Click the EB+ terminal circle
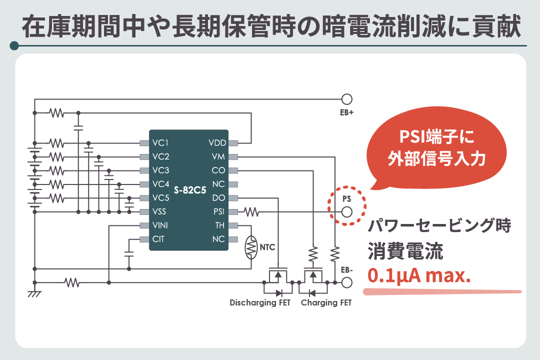[x=346, y=99]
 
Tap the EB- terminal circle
[x=346, y=283]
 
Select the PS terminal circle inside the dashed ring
[x=346, y=212]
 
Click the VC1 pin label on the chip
[x=161, y=142]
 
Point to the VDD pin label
[x=217, y=142]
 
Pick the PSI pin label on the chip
[x=219, y=212]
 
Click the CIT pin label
[x=158, y=239]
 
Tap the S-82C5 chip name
[x=190, y=191]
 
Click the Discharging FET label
[x=260, y=303]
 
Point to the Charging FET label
[x=326, y=303]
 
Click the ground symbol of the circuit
[x=34, y=294]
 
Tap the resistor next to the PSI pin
[x=251, y=212]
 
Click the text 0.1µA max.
[x=419, y=276]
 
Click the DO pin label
[x=218, y=198]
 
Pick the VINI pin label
[x=160, y=225]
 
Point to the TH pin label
[x=220, y=225]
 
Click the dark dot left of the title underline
[x=14, y=46]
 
